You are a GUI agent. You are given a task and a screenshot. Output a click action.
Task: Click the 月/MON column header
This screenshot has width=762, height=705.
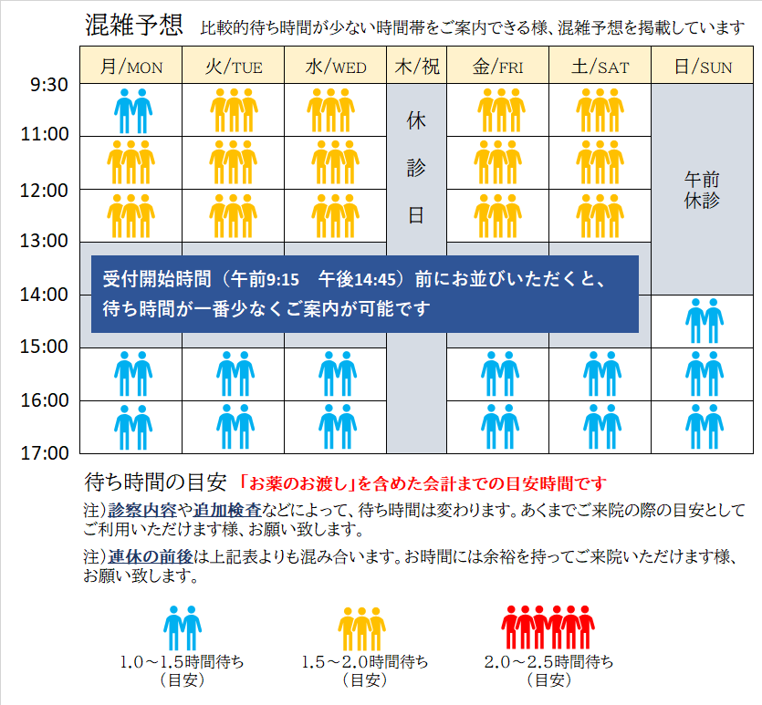tap(131, 67)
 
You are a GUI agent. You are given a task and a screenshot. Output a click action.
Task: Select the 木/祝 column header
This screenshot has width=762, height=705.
tap(416, 67)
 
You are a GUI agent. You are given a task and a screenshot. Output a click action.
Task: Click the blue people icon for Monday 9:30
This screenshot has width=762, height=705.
tap(132, 111)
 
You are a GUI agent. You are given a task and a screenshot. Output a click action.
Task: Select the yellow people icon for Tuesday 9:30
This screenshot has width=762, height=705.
tap(234, 111)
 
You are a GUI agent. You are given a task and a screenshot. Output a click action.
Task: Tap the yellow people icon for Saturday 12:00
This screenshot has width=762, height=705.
tap(600, 216)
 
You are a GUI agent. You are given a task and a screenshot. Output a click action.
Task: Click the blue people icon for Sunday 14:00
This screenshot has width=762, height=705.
tap(703, 321)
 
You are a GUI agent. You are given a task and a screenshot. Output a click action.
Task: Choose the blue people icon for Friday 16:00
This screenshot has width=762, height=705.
tap(498, 427)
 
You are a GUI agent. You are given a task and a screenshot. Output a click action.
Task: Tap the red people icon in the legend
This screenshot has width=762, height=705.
tap(548, 628)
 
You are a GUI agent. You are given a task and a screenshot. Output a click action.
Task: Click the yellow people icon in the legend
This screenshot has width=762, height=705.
tap(364, 628)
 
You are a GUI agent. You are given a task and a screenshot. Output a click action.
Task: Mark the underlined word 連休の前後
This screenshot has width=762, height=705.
tap(146, 556)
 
